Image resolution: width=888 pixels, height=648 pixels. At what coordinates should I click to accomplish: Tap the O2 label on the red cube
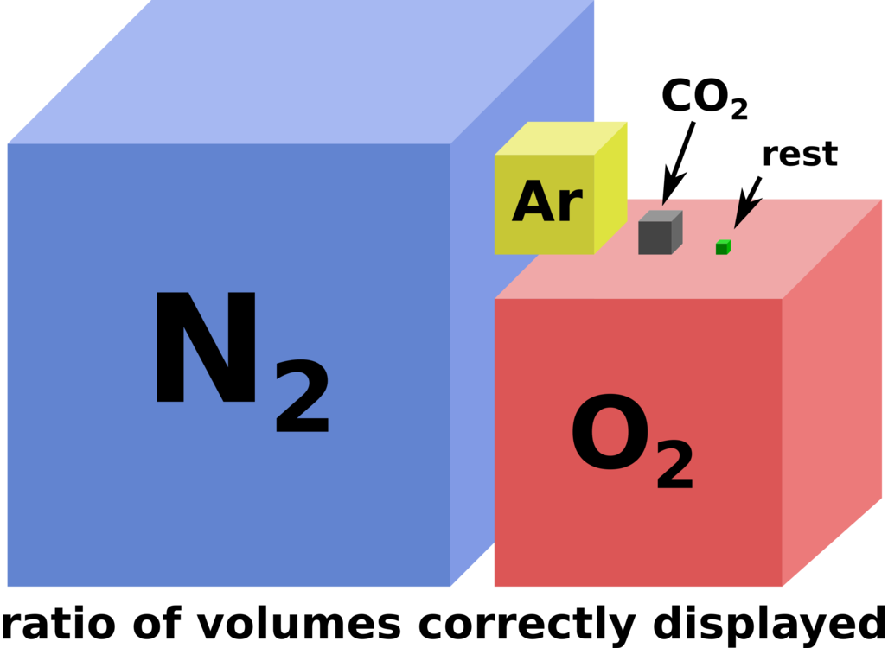point(632,442)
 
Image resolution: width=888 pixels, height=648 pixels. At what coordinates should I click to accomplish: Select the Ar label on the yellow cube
point(547,202)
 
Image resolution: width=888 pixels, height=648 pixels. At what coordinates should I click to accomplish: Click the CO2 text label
point(705,98)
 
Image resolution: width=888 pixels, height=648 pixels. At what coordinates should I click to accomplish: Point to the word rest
point(800,154)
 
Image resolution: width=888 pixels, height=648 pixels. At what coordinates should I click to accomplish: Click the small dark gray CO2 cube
point(661,232)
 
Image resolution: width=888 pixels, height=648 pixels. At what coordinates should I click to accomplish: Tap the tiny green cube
point(723,247)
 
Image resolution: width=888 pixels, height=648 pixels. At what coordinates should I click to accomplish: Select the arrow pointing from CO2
point(678,163)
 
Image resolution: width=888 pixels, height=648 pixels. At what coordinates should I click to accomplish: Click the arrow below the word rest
point(748,202)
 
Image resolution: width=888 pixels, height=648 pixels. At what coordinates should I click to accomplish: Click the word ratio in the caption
point(59,624)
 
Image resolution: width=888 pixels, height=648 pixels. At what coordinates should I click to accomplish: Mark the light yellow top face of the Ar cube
point(560,138)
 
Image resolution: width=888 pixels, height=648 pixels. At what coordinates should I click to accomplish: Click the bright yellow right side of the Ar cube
point(610,187)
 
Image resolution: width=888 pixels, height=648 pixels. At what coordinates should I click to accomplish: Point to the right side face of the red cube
point(832,393)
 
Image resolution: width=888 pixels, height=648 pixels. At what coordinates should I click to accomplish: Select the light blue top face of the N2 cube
point(301,72)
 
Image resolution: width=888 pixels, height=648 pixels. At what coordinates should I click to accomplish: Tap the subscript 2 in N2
point(303,397)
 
